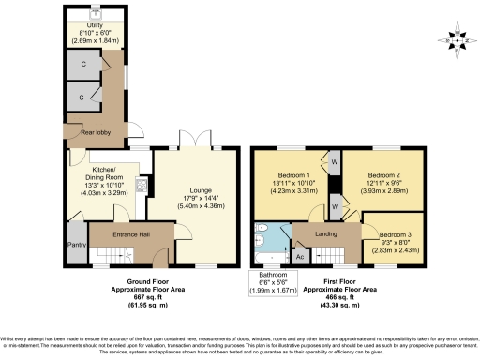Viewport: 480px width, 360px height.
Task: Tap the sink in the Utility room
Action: pyautogui.click(x=96, y=13)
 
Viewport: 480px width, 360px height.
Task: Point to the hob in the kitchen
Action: pyautogui.click(x=141, y=185)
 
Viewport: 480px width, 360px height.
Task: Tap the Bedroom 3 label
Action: pyautogui.click(x=394, y=235)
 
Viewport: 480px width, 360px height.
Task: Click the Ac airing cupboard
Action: pyautogui.click(x=300, y=255)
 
